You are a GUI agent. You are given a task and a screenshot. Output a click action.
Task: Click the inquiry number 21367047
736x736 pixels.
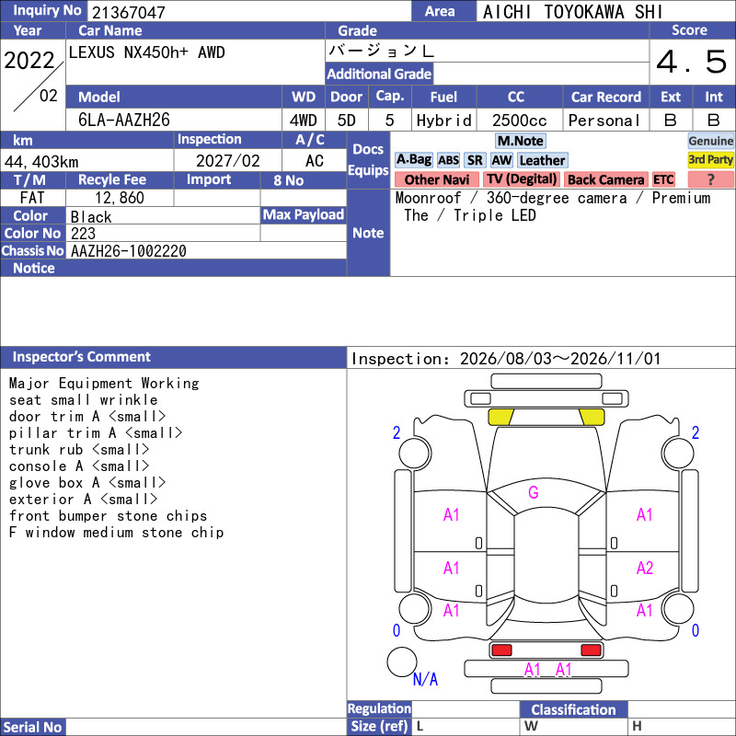129,12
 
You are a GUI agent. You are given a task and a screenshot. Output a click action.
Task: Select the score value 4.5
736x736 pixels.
692,62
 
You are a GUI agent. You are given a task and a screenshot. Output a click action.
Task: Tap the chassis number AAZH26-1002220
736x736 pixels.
129,251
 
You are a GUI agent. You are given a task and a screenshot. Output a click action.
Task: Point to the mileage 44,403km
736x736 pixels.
41,162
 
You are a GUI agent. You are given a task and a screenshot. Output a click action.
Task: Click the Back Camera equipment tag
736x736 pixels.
606,179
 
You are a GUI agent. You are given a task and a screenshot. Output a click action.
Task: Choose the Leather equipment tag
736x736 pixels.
542,160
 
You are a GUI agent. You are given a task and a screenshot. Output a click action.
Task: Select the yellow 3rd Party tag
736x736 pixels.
710,160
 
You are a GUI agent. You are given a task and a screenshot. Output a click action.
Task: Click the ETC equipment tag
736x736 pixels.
663,179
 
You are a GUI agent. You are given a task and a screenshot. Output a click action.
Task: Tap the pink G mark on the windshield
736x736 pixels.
534,492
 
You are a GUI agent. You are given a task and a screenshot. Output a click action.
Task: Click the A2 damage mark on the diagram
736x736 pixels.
645,568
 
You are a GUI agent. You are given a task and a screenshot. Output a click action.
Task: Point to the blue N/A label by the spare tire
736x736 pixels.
425,679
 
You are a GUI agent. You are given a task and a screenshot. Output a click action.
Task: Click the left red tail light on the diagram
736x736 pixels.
501,650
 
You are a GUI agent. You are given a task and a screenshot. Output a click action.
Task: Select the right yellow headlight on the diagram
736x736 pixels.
592,417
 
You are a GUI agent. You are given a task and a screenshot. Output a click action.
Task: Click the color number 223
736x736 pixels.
83,234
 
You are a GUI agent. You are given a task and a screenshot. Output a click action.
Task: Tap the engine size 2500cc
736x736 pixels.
519,121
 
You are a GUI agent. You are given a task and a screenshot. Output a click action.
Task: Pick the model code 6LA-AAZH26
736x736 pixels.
124,121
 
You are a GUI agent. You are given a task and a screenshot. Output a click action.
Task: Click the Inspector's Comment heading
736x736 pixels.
82,357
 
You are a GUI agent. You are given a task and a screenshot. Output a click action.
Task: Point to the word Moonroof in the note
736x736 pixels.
428,198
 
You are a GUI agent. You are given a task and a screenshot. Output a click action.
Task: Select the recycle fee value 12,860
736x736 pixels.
120,198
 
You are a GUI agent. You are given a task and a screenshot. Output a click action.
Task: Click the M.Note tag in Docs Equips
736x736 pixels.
521,141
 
